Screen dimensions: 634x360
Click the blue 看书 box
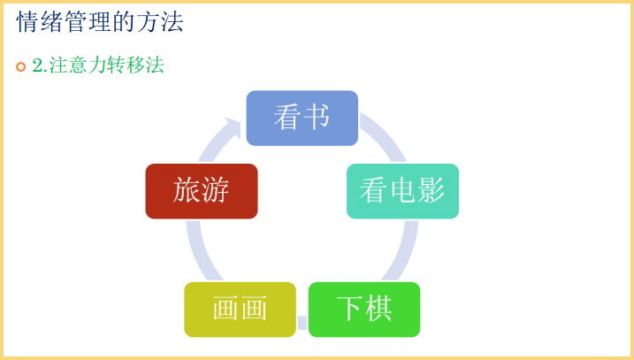(302, 119)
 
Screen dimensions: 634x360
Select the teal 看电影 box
(402, 191)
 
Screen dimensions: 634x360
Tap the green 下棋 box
(364, 310)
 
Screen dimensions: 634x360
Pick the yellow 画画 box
(241, 310)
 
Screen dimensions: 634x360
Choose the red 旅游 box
(202, 191)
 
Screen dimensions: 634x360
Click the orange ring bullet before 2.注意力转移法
(21, 66)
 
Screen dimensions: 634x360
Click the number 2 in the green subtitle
(38, 65)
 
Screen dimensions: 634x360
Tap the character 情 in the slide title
(28, 22)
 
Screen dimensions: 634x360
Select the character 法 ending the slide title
(172, 22)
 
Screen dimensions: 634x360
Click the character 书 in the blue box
(317, 117)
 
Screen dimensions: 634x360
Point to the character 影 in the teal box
(432, 190)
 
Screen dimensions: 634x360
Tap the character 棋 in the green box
(378, 308)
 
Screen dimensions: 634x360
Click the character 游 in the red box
(215, 190)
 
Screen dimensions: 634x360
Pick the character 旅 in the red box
(187, 190)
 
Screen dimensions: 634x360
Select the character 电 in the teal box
(402, 190)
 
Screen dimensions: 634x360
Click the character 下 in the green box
(350, 308)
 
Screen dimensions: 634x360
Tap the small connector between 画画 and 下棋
(302, 323)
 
